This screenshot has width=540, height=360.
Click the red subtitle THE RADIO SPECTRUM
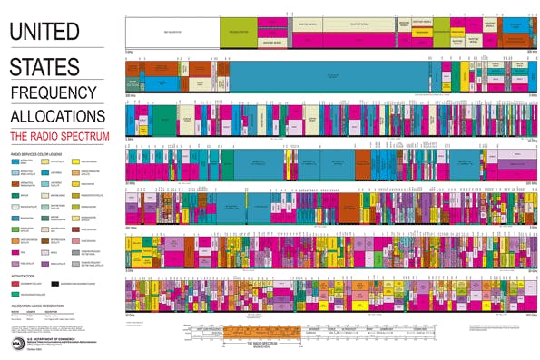pos(59,135)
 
